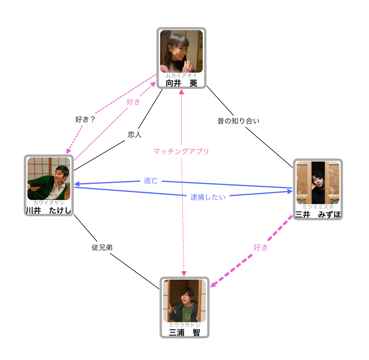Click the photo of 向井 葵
(x=181, y=51)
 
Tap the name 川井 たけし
(x=49, y=211)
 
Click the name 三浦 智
(x=184, y=332)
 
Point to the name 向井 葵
(x=181, y=83)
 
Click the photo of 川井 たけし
(x=49, y=178)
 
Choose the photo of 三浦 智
(x=184, y=300)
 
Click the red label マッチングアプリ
(x=181, y=151)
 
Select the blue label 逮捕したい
(x=208, y=197)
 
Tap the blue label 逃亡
(x=151, y=180)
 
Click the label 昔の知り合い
(x=239, y=121)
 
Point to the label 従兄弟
(x=102, y=248)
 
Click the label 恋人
(x=134, y=135)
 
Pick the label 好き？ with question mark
(x=85, y=119)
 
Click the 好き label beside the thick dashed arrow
(x=261, y=248)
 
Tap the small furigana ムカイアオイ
(x=181, y=75)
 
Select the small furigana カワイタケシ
(x=49, y=202)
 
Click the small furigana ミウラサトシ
(x=184, y=325)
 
